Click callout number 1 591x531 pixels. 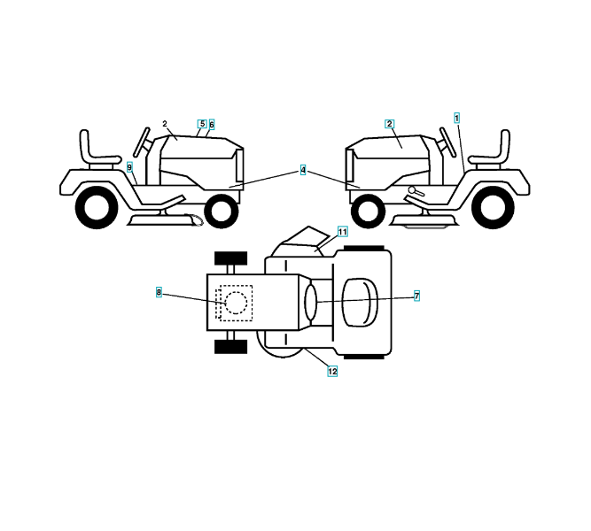click(457, 117)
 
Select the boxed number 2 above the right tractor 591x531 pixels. click(389, 124)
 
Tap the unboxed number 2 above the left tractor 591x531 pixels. click(165, 124)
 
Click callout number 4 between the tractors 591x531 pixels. click(303, 170)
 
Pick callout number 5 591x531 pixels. click(202, 124)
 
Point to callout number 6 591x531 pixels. click(212, 125)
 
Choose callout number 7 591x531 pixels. click(416, 296)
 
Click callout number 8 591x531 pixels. click(159, 292)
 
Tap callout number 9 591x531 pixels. click(129, 166)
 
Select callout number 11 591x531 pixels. click(343, 231)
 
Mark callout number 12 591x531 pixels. click(332, 372)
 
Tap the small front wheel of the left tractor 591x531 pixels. click(222, 211)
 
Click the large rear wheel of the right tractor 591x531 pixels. click(493, 209)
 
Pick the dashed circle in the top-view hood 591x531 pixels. click(236, 303)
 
